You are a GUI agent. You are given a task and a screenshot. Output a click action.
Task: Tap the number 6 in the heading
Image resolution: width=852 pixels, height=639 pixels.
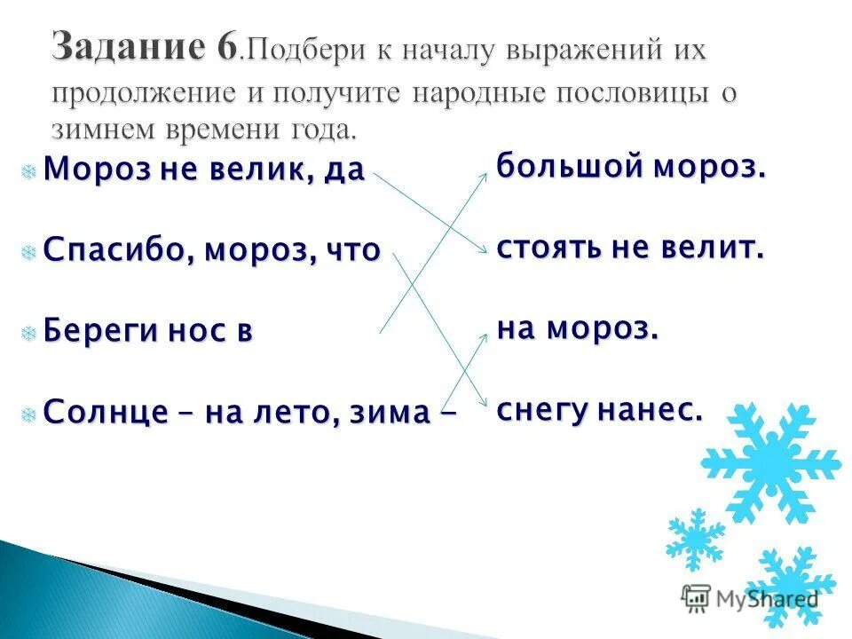(225, 45)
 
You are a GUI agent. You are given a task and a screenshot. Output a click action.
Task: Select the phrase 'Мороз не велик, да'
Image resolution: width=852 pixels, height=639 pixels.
(204, 169)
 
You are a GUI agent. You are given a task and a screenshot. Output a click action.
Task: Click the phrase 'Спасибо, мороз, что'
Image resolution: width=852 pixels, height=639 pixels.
(212, 249)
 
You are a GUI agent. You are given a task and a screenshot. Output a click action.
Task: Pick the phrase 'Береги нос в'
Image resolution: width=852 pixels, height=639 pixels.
(148, 330)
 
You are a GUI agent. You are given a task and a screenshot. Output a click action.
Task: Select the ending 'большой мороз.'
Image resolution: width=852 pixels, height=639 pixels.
(631, 167)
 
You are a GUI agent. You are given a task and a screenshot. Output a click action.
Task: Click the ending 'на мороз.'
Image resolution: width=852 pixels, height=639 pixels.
(578, 328)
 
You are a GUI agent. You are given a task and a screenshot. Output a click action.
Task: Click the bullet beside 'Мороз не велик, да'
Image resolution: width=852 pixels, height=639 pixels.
(29, 170)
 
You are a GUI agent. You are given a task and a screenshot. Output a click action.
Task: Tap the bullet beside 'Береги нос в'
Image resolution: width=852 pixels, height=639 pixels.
(29, 332)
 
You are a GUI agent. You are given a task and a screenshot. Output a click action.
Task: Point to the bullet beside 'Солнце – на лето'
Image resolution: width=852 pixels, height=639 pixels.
(29, 413)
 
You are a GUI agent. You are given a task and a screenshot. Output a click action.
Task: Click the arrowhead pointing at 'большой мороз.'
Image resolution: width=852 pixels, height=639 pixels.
(484, 176)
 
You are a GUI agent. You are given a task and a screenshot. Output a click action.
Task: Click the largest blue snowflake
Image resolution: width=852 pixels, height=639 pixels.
(770, 461)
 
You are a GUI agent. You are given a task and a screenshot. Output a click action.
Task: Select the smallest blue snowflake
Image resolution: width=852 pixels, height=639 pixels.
(695, 539)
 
